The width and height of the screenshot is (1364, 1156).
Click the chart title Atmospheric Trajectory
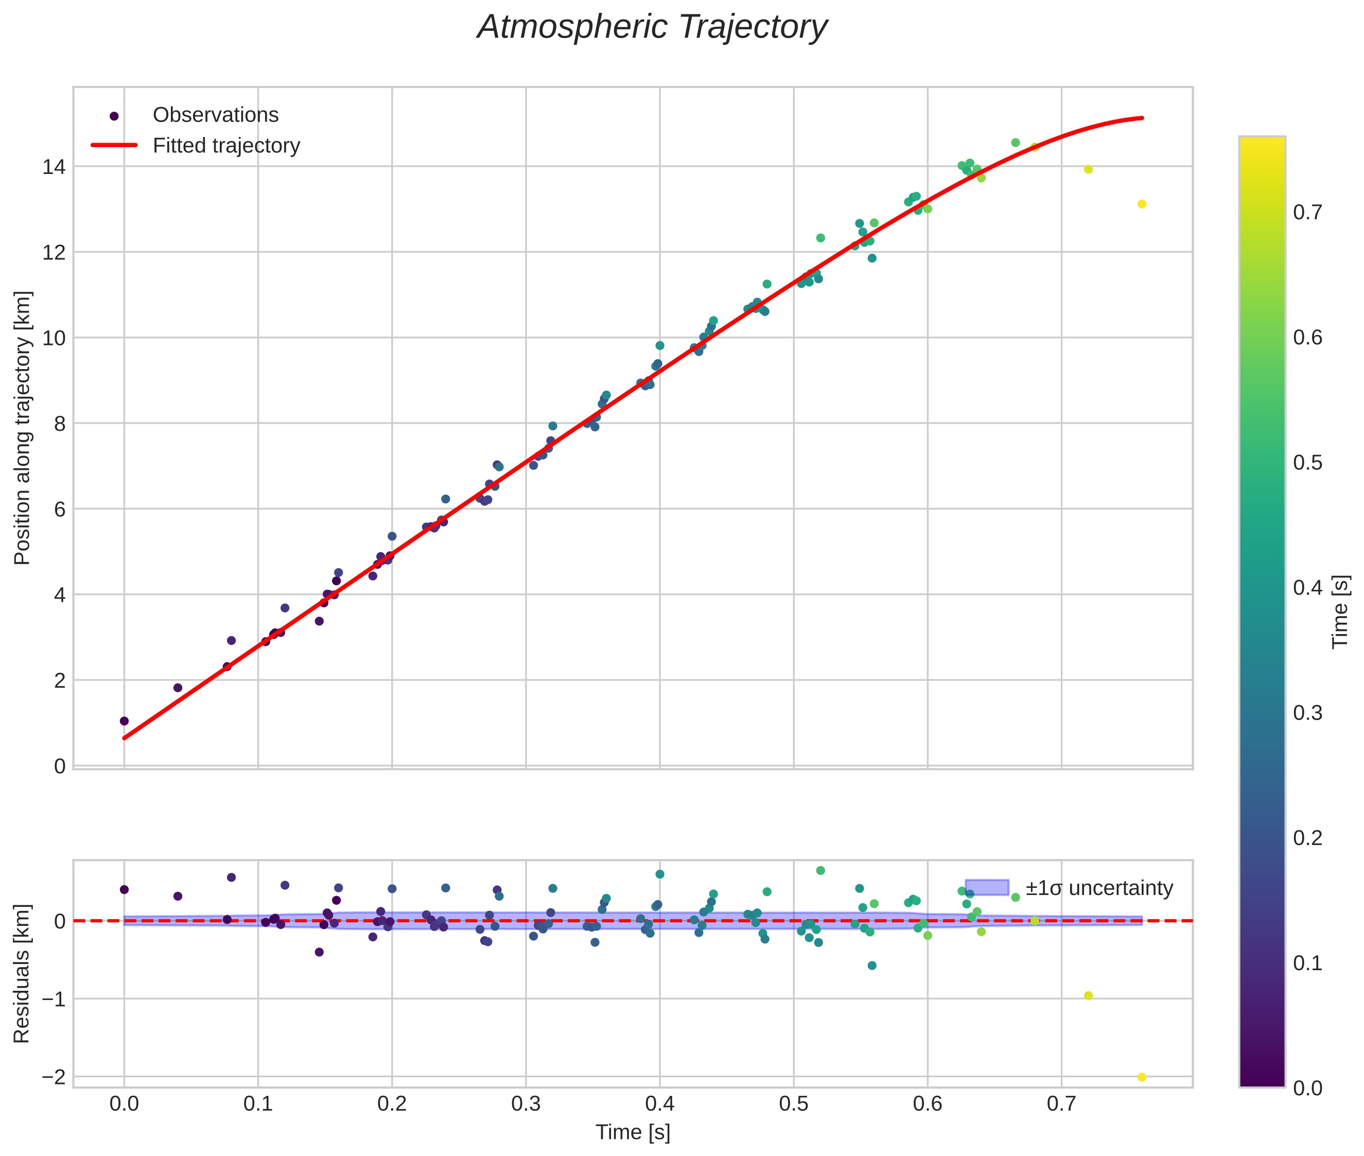(652, 27)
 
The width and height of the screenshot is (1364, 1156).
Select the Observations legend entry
(215, 115)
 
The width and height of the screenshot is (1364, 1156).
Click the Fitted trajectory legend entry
(225, 146)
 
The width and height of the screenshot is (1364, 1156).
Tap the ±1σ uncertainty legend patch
(987, 887)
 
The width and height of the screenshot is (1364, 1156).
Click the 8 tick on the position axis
(59, 424)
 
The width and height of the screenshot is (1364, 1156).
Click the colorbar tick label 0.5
(1307, 463)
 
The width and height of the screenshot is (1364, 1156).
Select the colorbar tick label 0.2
(1307, 837)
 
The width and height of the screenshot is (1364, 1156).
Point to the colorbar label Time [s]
(1341, 611)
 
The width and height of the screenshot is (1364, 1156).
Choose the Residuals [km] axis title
(22, 974)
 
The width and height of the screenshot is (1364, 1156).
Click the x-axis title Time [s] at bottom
(633, 1132)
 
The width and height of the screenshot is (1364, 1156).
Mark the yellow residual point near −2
(1141, 1077)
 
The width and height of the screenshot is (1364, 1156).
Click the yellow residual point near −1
(1088, 996)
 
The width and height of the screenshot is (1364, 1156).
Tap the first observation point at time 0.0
(124, 721)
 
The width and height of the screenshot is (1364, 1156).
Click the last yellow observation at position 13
(1141, 204)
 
